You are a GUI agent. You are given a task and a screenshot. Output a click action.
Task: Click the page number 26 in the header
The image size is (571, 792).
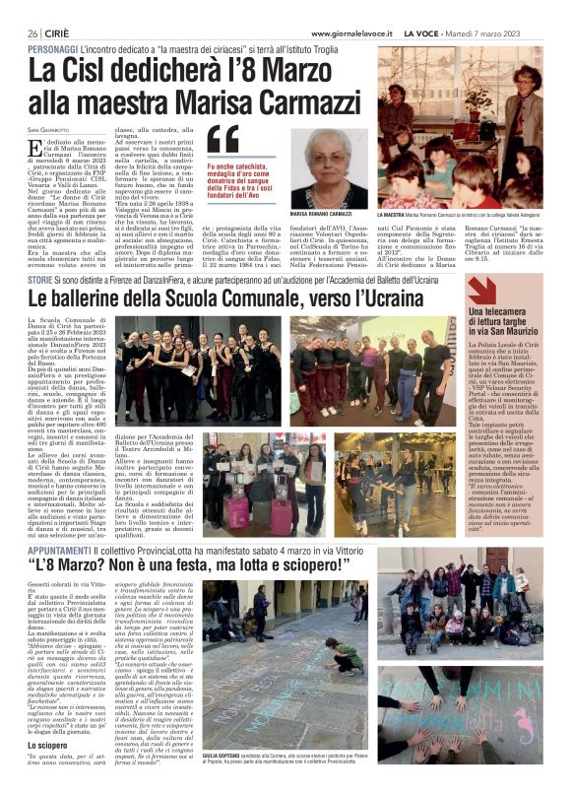point(32,33)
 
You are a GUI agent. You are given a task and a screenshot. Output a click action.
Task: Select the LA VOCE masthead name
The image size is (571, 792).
point(442,33)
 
